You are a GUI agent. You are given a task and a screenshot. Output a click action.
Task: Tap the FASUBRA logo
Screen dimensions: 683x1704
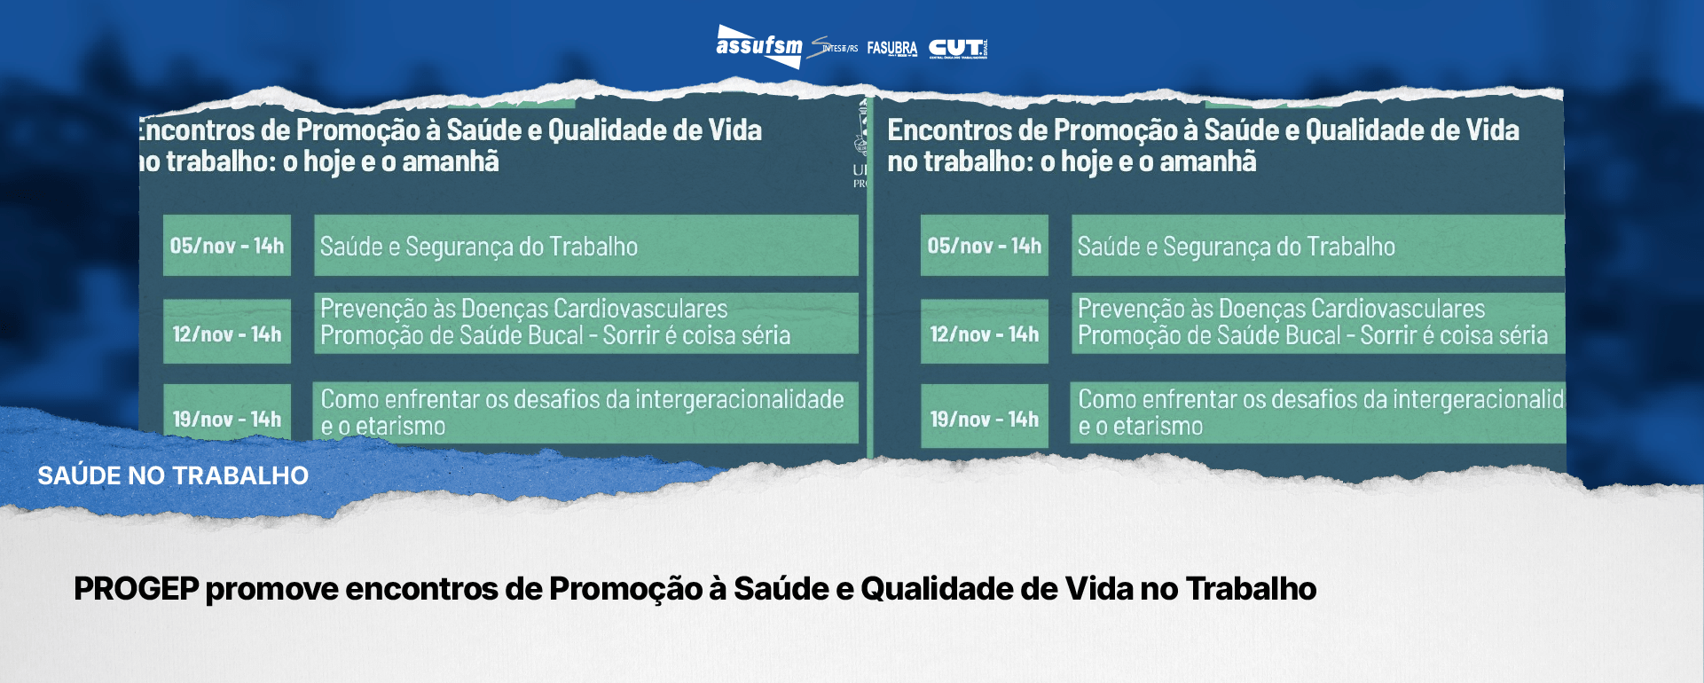click(891, 48)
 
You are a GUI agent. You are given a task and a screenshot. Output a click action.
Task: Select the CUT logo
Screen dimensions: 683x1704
click(957, 48)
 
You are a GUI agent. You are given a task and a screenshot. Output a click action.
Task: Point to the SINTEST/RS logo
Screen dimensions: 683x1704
click(835, 48)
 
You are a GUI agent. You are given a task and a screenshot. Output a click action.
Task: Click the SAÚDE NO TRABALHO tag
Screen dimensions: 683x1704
click(173, 475)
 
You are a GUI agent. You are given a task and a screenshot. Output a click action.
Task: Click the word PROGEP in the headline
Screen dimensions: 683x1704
click(136, 589)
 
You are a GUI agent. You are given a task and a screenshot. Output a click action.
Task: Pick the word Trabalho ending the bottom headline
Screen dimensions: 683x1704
click(1251, 589)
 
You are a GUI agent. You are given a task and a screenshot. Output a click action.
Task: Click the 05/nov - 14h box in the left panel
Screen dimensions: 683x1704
click(227, 246)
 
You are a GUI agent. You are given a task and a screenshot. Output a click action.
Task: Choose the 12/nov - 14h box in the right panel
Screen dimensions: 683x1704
click(984, 334)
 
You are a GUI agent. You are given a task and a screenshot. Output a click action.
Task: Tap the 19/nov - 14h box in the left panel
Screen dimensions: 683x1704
click(227, 419)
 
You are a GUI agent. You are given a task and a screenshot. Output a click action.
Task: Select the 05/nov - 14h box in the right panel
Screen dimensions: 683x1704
click(984, 246)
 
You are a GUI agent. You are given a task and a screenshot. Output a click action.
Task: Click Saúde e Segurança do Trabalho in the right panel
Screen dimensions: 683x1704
click(1236, 247)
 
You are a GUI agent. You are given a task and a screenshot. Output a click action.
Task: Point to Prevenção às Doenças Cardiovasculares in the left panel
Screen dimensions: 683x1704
click(523, 309)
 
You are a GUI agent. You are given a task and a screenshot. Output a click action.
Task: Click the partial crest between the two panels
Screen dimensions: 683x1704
click(860, 142)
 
